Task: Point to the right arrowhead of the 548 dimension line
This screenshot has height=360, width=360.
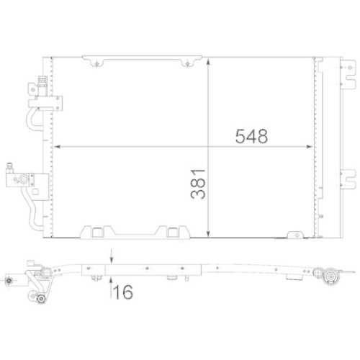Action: (310, 147)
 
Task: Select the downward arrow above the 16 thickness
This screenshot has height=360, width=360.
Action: (110, 258)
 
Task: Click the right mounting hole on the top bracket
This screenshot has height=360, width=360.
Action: (188, 65)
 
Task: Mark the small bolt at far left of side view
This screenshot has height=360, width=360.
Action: (9, 280)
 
